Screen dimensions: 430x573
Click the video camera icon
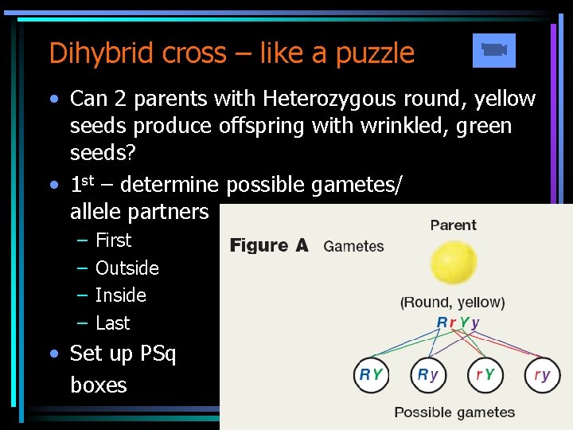coord(493,50)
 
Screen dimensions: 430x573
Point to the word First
coord(113,240)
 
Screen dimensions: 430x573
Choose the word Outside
coord(127,268)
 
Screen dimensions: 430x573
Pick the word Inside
coord(120,295)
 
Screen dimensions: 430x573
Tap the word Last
coord(112,322)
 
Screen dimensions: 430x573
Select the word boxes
coord(99,385)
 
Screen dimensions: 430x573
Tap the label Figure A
coord(269,245)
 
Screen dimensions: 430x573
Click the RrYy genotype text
coord(458,322)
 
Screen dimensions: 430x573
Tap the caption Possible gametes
coord(454,412)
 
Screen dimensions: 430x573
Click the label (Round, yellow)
coord(453,303)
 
